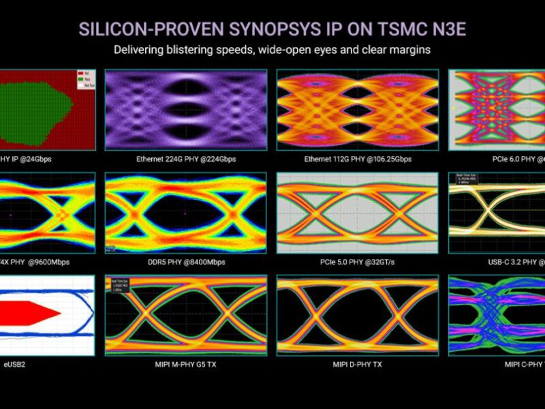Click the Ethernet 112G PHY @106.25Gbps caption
(358, 160)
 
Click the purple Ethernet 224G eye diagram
(185, 109)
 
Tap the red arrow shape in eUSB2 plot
(31, 312)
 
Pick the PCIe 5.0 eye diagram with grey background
(357, 212)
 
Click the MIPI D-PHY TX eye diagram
(357, 315)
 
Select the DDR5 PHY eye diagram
(185, 212)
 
